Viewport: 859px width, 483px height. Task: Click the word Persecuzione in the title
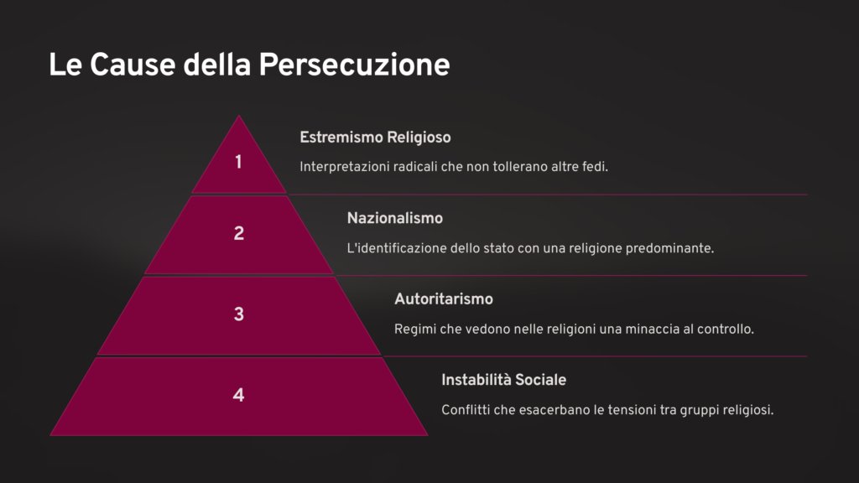coord(354,65)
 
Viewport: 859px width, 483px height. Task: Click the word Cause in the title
coord(132,65)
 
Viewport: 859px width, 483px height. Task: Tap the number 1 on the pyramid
coord(238,162)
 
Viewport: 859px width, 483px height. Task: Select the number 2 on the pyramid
coord(239,233)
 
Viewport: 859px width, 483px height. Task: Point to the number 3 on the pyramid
coord(239,314)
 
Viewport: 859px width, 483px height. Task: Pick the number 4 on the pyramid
coord(238,395)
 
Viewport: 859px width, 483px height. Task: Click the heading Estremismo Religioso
coord(375,138)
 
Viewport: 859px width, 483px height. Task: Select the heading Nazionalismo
coord(395,218)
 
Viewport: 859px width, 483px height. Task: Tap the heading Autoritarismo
coord(444,299)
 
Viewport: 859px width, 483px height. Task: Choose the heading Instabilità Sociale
coord(503,380)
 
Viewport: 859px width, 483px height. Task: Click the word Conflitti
coord(466,410)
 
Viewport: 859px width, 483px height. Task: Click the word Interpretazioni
coord(344,167)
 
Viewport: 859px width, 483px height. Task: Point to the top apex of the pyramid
coord(239,116)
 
